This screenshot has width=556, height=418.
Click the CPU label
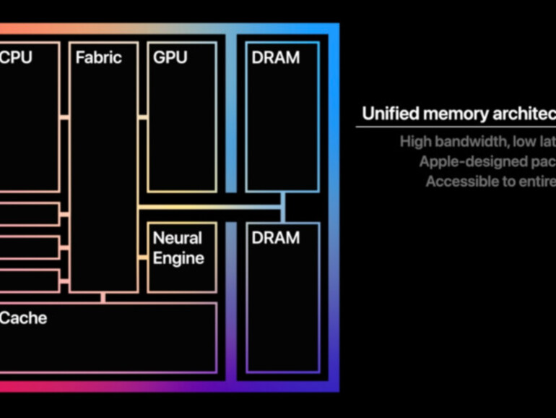tap(16, 57)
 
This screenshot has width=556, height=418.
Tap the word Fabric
tap(99, 57)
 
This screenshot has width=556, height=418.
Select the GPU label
tap(170, 57)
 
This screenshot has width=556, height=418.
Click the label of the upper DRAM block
tap(276, 57)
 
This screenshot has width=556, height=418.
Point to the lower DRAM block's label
tap(276, 238)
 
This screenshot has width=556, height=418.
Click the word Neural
tap(178, 238)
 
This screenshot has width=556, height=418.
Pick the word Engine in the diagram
tap(178, 258)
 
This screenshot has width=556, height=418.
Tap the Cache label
tap(24, 317)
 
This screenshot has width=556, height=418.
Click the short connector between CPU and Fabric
tap(65, 116)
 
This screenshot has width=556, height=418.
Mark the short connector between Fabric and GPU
tap(142, 116)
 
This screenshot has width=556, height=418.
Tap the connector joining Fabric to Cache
tap(103, 297)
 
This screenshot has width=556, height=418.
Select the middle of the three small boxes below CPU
tap(29, 247)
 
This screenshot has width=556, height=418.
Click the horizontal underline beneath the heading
tap(455, 127)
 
